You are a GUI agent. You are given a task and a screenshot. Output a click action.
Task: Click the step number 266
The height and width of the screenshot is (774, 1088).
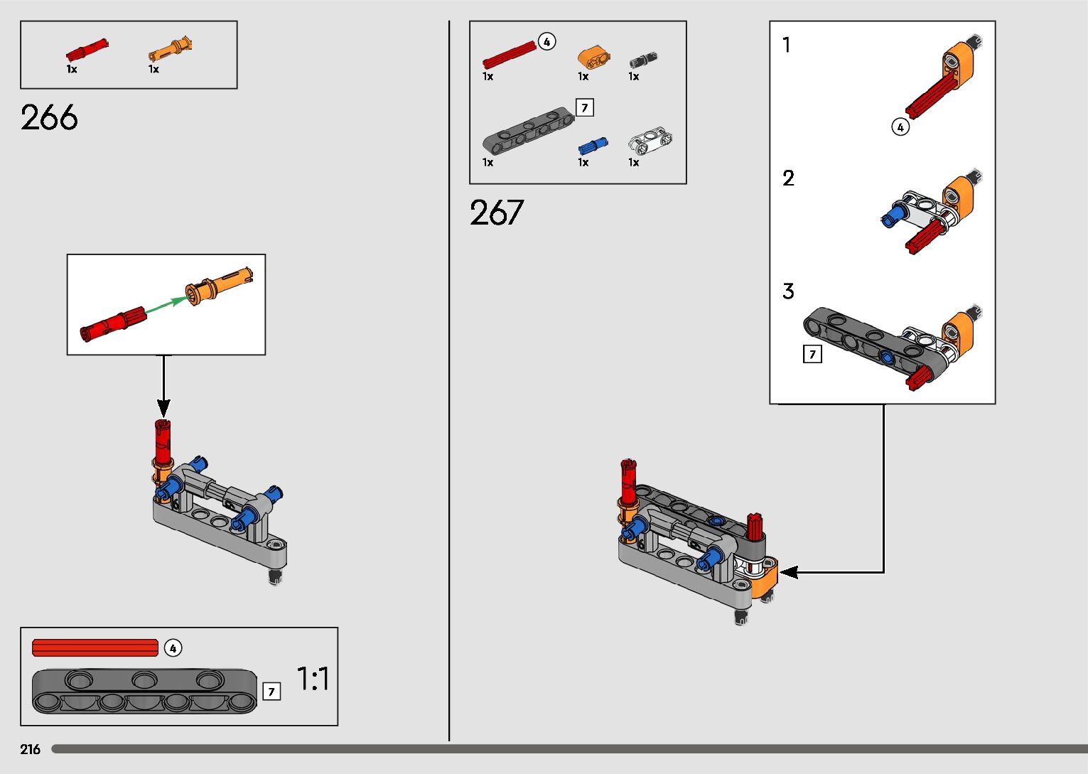tap(49, 118)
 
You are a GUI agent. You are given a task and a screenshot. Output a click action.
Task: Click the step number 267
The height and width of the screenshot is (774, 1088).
tap(496, 213)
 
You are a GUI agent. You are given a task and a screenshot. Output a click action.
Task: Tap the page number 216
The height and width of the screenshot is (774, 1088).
tap(31, 749)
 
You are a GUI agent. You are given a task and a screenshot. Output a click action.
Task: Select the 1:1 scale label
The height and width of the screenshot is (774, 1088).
tap(313, 679)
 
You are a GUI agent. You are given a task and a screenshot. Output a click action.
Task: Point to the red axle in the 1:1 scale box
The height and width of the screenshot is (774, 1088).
tap(95, 647)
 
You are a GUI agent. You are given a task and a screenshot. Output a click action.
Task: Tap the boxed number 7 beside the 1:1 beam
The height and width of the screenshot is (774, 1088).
tap(271, 691)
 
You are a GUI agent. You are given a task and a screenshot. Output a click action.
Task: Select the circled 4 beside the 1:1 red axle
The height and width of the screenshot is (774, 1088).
tap(173, 648)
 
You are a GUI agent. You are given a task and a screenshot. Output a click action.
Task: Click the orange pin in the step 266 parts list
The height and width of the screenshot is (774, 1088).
tap(170, 50)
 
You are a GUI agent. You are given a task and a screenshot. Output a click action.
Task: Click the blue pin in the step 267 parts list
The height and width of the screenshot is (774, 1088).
tap(592, 146)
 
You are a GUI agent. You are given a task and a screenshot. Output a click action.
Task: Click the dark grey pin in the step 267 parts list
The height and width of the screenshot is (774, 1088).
tap(642, 60)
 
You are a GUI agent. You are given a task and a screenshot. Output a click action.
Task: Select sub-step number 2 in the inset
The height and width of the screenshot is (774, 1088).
tap(788, 178)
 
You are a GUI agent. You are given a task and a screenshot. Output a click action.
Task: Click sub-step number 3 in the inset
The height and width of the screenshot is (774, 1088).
tap(788, 291)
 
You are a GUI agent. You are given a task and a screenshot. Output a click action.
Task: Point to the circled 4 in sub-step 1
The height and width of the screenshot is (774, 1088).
tap(900, 127)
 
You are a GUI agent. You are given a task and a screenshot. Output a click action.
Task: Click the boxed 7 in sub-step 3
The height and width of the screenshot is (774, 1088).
tap(812, 354)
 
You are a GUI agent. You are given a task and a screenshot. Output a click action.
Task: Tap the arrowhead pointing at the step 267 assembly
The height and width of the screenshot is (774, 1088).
tap(787, 572)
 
